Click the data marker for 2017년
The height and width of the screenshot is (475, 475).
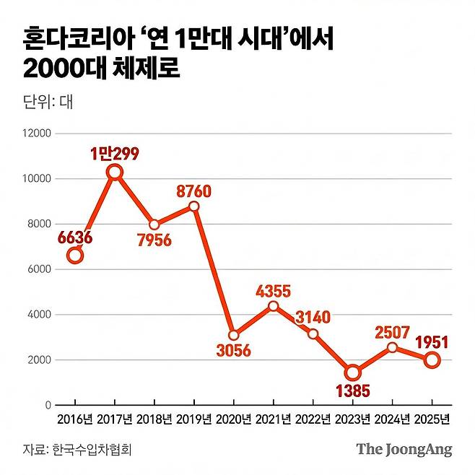pyautogui.click(x=114, y=172)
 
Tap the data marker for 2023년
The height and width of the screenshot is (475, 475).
pyautogui.click(x=352, y=372)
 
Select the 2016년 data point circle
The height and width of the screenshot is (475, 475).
pyautogui.click(x=75, y=255)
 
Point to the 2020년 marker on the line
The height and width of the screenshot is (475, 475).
pyautogui.click(x=233, y=336)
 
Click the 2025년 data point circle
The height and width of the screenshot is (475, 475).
pyautogui.click(x=432, y=360)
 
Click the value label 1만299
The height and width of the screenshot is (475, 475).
pyautogui.click(x=114, y=153)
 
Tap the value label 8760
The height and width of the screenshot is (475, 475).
pyautogui.click(x=194, y=191)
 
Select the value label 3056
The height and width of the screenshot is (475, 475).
pyautogui.click(x=232, y=351)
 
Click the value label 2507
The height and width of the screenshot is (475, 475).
pyautogui.click(x=393, y=331)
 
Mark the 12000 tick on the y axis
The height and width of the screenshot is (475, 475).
pyautogui.click(x=37, y=134)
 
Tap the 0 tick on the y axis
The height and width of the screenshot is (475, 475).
pyautogui.click(x=48, y=406)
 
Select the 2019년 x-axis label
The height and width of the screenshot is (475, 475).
pyautogui.click(x=194, y=419)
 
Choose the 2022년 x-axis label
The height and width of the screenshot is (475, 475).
pyautogui.click(x=313, y=419)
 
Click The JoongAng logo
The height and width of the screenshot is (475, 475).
pyautogui.click(x=404, y=449)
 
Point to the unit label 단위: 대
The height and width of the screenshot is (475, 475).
pyautogui.click(x=48, y=101)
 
